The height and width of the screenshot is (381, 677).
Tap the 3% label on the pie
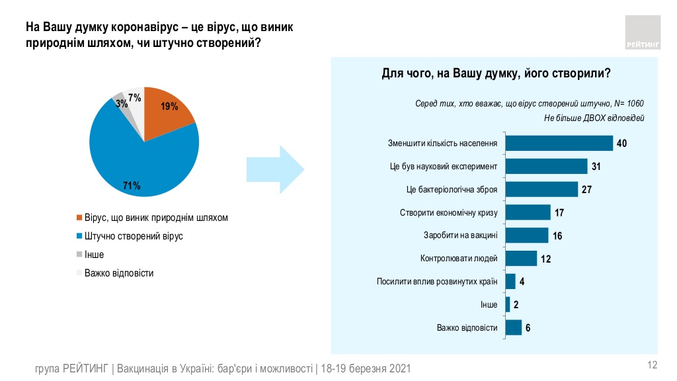pos(121,103)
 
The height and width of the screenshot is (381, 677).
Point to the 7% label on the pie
pos(135,98)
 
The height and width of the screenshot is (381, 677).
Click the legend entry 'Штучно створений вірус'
pos(134,236)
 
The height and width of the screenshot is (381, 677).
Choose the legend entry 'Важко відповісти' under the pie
pos(119,273)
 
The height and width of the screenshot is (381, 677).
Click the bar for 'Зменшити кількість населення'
pos(559,144)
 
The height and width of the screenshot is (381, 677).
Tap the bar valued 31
pos(546,166)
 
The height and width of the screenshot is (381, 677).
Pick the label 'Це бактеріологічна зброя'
pos(452,189)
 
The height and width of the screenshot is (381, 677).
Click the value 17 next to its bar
pos(559,213)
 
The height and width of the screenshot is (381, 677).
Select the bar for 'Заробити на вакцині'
pos(526,235)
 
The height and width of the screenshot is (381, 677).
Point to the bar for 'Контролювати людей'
pos(521,258)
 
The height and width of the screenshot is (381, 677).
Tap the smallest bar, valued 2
pos(507,304)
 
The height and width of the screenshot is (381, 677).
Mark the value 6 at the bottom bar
pos(529,327)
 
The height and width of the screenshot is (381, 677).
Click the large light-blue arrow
pos(274,171)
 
